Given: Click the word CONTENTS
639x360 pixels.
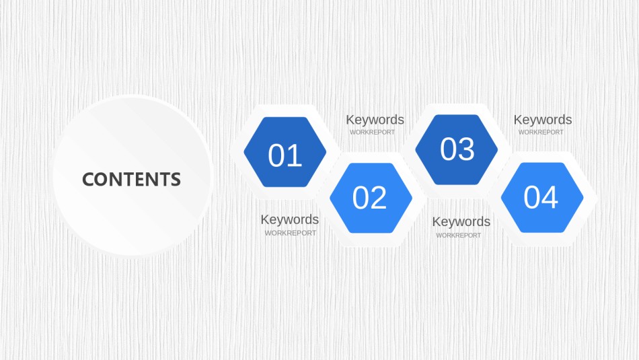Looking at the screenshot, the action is [131, 180].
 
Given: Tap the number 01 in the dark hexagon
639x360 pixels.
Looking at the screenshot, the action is [285, 155].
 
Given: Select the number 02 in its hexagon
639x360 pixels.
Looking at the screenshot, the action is [369, 198].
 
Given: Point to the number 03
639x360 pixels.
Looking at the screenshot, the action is [457, 149].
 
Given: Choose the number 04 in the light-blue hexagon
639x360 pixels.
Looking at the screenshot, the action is [540, 197].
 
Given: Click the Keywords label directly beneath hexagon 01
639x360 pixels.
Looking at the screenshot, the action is [290, 219].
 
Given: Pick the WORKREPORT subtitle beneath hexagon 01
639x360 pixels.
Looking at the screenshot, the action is [291, 233].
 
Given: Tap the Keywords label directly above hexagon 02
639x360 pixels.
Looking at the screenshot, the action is [375, 120].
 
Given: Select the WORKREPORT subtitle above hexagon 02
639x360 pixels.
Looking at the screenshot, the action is [372, 132].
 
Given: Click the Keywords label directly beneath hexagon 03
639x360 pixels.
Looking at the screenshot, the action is [461, 221].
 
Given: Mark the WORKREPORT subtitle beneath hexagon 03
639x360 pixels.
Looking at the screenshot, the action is [459, 236].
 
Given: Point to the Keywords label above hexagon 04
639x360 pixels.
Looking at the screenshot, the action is [542, 120].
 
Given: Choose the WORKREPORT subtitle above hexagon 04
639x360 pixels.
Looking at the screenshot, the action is [541, 132].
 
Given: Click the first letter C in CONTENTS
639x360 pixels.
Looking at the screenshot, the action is [89, 180].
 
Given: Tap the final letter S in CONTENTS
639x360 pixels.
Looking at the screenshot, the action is [176, 180].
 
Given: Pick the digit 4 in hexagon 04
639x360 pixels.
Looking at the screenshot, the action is [550, 197].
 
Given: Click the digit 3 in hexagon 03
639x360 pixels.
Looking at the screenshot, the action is [467, 149].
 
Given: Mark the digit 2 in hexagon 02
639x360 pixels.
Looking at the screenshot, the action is [378, 198].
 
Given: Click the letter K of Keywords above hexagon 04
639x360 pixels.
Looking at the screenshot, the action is [517, 120].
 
